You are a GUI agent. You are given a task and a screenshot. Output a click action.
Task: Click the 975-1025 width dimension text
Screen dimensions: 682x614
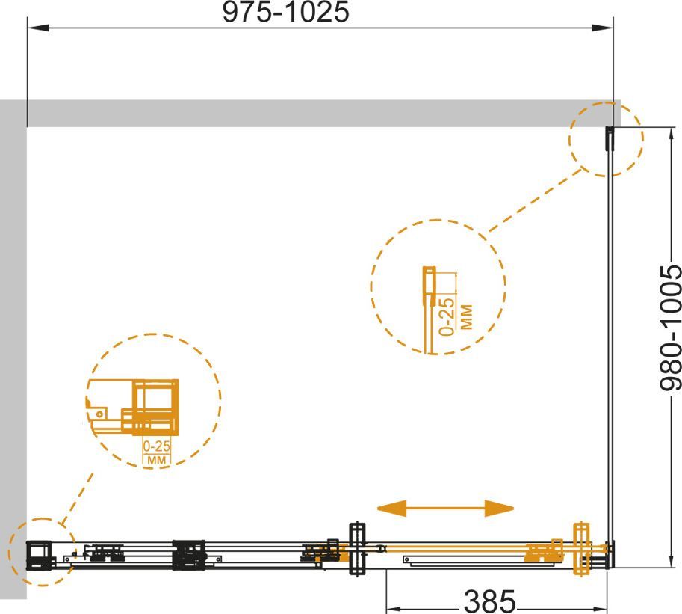coord(286,12)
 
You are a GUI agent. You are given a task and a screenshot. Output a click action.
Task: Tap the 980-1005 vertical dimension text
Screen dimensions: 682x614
coord(670,328)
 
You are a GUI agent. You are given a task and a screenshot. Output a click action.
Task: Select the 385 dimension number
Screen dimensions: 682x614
coord(490,601)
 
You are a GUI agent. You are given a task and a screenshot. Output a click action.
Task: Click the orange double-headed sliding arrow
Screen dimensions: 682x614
coord(445,509)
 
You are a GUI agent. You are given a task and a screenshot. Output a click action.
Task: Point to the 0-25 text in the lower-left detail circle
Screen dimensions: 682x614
coord(157,446)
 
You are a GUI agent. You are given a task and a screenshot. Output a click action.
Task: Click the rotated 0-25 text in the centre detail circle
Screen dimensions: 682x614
coord(447,316)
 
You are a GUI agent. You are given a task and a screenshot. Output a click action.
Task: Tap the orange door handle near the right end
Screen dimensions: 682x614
coord(580,549)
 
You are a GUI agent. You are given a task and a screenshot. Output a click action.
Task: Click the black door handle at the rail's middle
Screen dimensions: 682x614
coord(357,549)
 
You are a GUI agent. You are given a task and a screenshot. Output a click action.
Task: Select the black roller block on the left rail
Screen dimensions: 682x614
coord(189,555)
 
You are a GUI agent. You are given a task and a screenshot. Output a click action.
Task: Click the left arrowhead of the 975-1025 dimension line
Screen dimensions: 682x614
coord(37,28)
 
